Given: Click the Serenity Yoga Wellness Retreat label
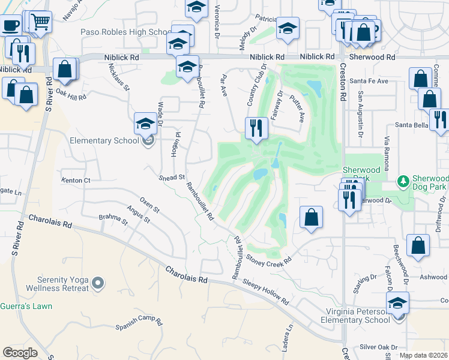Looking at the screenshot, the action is [58, 283].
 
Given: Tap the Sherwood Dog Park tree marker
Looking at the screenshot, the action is [403, 180].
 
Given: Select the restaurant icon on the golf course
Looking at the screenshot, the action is [256, 127].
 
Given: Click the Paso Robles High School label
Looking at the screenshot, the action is [125, 32].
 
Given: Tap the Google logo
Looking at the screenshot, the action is [20, 352].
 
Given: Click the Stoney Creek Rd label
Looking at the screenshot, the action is [269, 260].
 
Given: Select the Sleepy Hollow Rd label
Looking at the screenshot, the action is [267, 292].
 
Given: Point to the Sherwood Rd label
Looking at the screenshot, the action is [374, 57].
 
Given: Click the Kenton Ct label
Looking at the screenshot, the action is [76, 180].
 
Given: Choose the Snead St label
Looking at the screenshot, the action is [172, 178].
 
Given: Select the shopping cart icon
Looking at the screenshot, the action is [40, 22].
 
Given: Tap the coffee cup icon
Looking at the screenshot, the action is [10, 25].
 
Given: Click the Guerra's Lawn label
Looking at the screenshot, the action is [26, 306].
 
